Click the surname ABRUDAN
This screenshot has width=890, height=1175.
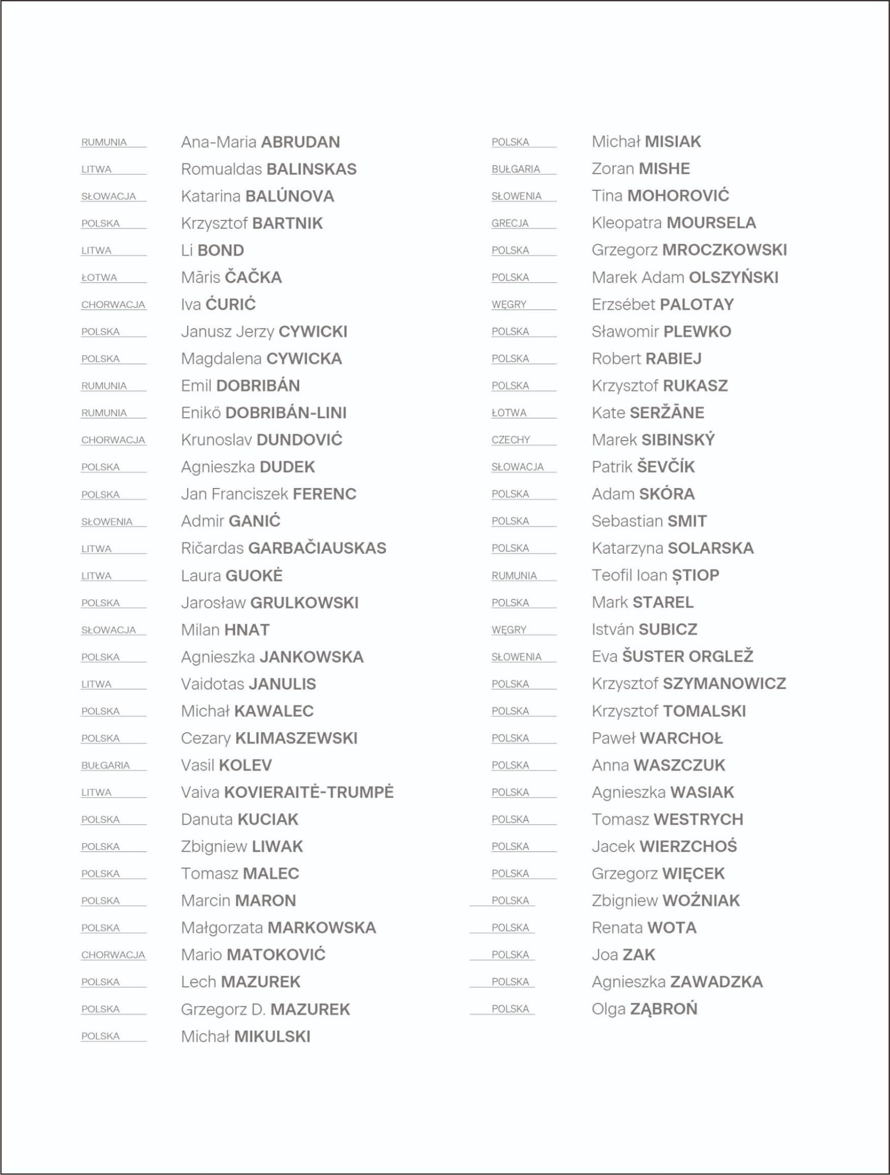click(300, 142)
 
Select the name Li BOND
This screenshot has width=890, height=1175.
click(212, 250)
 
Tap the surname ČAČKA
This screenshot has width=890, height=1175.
click(253, 277)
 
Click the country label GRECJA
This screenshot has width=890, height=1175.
click(510, 223)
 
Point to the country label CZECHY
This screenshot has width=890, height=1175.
click(510, 440)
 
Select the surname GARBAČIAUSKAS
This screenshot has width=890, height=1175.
click(317, 548)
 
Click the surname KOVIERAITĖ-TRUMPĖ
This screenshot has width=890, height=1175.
click(308, 792)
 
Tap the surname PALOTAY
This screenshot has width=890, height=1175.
click(697, 304)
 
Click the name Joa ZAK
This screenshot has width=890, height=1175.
click(623, 955)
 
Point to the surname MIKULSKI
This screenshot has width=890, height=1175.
click(272, 1036)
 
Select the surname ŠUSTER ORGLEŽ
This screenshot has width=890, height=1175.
click(688, 657)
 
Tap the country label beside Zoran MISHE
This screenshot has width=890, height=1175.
click(515, 169)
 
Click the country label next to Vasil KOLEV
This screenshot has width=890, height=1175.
click(106, 765)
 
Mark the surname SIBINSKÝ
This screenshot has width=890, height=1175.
click(678, 440)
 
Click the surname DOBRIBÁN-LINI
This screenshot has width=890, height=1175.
click(286, 413)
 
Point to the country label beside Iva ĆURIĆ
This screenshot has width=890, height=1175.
click(113, 305)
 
